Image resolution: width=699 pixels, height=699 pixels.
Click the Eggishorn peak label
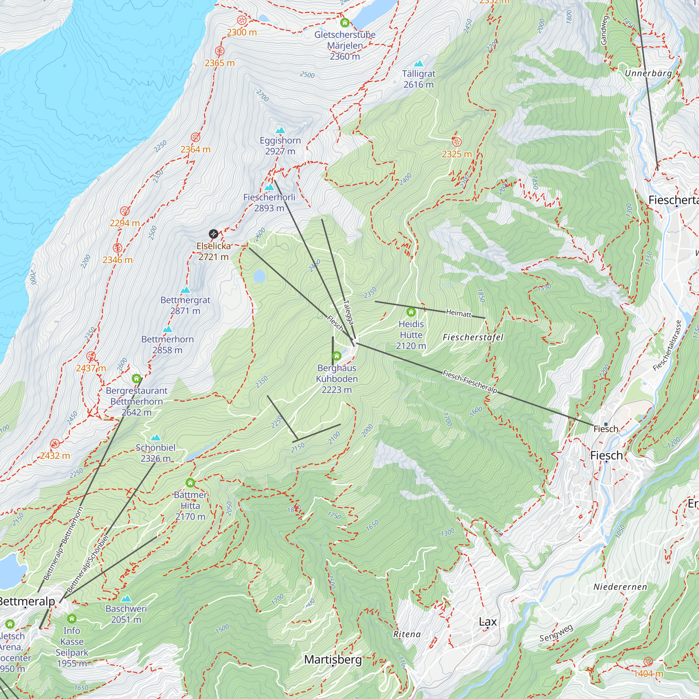coord(280,145)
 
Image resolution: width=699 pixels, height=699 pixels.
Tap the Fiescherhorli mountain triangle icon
coord(269,187)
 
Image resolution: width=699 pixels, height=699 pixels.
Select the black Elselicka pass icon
coord(214,234)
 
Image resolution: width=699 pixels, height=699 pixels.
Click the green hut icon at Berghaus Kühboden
coord(337,356)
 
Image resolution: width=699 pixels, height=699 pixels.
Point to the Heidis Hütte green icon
coord(411,312)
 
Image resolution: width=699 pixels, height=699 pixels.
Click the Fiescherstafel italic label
coord(473,338)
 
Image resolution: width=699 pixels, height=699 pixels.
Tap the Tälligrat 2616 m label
coord(419,79)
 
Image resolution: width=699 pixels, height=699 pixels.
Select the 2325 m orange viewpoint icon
coord(456,142)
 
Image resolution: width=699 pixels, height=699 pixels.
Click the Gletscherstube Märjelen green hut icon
coord(345,23)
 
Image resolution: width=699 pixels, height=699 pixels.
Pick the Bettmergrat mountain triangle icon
coord(185,290)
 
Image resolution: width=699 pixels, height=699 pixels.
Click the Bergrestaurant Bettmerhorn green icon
coord(136,379)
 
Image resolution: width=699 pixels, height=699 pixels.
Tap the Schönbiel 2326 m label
coord(156,453)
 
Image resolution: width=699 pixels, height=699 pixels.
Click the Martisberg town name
coord(333,659)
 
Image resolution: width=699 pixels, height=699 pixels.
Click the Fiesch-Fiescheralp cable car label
coord(470,382)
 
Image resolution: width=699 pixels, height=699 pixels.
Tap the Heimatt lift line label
coord(459,313)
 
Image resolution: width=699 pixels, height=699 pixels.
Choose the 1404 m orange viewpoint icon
coord(648,662)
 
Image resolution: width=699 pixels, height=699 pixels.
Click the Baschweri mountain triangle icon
coord(126,599)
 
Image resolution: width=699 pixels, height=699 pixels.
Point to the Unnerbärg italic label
coord(648,73)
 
